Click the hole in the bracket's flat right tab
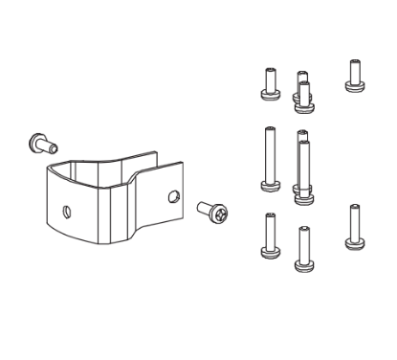coord(172,196)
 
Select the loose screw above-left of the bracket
coord(39,144)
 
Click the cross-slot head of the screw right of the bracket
coord(219,213)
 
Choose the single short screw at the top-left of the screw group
coord(268,83)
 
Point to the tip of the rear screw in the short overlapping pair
coord(302,73)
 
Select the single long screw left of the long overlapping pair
coord(267,159)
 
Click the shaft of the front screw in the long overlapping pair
coord(304,168)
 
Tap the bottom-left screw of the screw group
coord(268,236)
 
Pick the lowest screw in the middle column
coord(304,247)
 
